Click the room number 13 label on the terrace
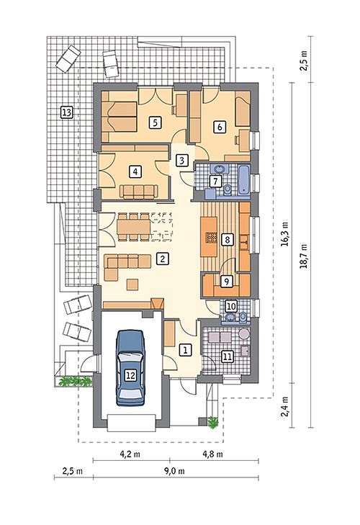(67, 112)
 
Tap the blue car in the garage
(130, 367)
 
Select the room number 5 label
(155, 122)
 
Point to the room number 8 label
(227, 240)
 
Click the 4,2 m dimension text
(130, 454)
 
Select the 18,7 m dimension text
(304, 256)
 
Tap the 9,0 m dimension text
(174, 471)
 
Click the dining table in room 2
(134, 227)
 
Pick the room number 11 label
(228, 357)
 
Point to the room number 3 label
(182, 161)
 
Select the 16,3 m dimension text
(285, 233)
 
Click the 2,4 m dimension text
(285, 406)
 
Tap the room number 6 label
(220, 127)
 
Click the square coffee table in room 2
(132, 284)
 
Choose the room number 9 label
(227, 282)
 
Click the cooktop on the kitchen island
(211, 237)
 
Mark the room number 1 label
(185, 350)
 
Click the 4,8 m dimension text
(212, 454)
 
